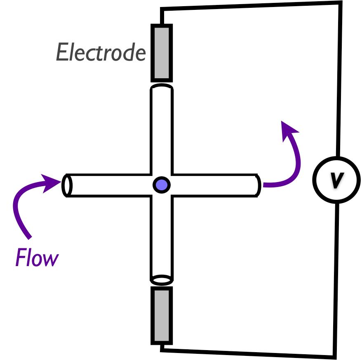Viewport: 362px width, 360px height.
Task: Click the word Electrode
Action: click(101, 53)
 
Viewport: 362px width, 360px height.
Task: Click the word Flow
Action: click(37, 259)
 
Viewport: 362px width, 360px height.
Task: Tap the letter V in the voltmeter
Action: click(337, 180)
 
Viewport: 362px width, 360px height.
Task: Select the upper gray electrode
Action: click(162, 52)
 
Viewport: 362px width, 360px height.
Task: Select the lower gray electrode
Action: click(162, 315)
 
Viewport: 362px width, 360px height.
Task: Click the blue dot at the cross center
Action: click(162, 185)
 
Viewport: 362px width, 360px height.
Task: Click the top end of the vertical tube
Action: click(162, 87)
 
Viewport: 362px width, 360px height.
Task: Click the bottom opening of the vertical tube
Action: click(162, 280)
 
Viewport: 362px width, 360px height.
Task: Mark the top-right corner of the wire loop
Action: click(341, 3)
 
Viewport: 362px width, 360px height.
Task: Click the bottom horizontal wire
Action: click(247, 353)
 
